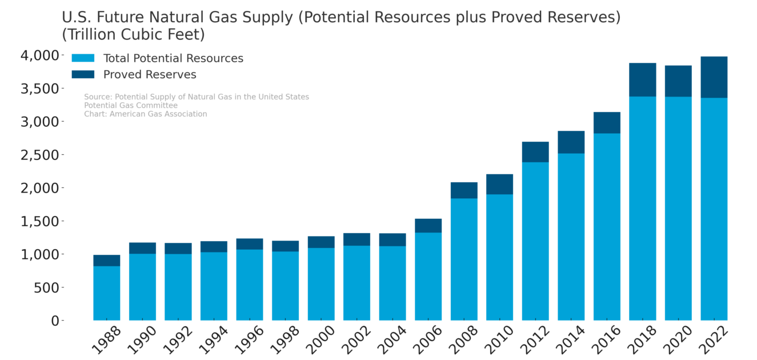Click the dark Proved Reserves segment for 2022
coord(714,77)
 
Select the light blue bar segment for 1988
coord(107,293)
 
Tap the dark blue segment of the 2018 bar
coord(642,80)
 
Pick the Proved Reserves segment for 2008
coord(464,190)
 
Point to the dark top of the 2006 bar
coord(428,226)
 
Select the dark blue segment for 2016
coord(607,123)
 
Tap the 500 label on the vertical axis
coord(46,287)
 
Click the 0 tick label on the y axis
coord(55,321)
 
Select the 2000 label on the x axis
coord(318,339)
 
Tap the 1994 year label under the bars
coord(210,339)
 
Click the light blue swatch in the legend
coord(83,58)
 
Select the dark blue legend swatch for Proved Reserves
coord(83,74)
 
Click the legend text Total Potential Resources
coord(173,58)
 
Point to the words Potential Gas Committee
coord(131,106)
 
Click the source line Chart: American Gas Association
coord(146,114)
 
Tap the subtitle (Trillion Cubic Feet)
coord(133,34)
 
